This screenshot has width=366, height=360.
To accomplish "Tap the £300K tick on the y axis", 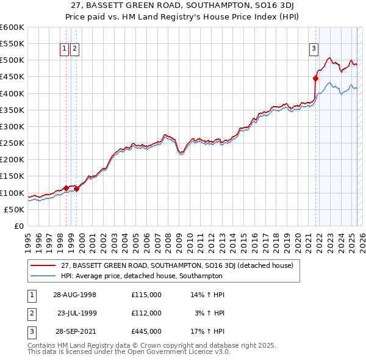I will (x=12, y=126).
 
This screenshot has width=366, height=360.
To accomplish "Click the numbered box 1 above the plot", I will (x=64, y=49).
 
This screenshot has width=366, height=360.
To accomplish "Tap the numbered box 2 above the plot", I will (x=74, y=49).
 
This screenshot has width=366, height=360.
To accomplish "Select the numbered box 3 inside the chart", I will (x=314, y=49).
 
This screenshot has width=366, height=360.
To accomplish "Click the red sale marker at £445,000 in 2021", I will (x=315, y=78).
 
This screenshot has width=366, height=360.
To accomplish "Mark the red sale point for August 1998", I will (x=66, y=188).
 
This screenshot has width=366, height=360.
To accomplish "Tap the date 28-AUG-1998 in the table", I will (x=74, y=295).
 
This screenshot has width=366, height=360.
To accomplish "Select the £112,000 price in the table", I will (x=146, y=313).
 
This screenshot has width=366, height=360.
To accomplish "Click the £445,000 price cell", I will (x=146, y=331).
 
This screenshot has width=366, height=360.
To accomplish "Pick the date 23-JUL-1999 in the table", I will (x=77, y=313).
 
